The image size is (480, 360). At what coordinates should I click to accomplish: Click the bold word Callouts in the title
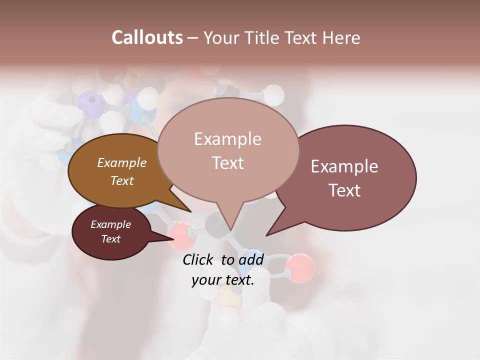(x=147, y=37)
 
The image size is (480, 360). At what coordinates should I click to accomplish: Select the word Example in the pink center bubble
(x=227, y=139)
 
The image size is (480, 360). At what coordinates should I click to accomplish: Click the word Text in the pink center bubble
(x=227, y=163)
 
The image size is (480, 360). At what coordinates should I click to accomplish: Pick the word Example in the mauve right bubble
(x=344, y=166)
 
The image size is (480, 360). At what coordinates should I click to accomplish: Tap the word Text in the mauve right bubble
(x=345, y=190)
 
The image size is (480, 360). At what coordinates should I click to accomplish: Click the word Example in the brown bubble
(x=121, y=163)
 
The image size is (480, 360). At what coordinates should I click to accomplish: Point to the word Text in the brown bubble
(x=121, y=180)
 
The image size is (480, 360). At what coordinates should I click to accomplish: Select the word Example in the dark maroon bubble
(x=110, y=224)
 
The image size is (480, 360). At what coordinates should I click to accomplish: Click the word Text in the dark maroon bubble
(x=110, y=239)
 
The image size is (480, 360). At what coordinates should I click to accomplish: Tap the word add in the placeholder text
(x=251, y=259)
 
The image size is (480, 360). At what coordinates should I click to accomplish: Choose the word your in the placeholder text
(x=205, y=280)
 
